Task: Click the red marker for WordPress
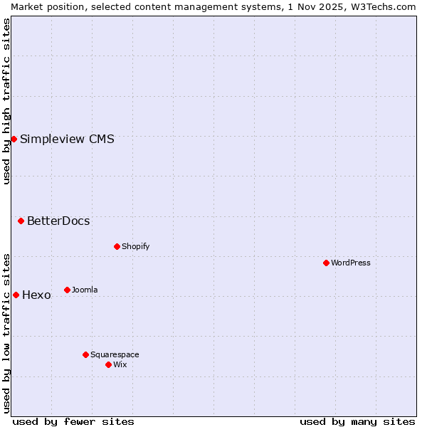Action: [326, 263]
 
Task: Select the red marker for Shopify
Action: [117, 246]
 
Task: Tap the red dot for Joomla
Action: [67, 290]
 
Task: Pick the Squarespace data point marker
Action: [85, 354]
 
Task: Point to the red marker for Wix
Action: [108, 364]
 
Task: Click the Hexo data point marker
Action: [16, 295]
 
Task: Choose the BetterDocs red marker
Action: [21, 221]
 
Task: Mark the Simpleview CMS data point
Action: [14, 139]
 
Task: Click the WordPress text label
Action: [351, 263]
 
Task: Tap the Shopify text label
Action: [135, 247]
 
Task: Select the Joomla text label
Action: [85, 290]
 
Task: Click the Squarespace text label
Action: [115, 355]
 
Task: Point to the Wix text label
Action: [120, 365]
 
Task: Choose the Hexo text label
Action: [36, 295]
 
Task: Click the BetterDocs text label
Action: [58, 221]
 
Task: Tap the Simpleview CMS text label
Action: [67, 139]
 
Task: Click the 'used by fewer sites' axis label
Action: [73, 421]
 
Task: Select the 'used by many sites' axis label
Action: [357, 421]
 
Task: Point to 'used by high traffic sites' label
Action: [6, 101]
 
